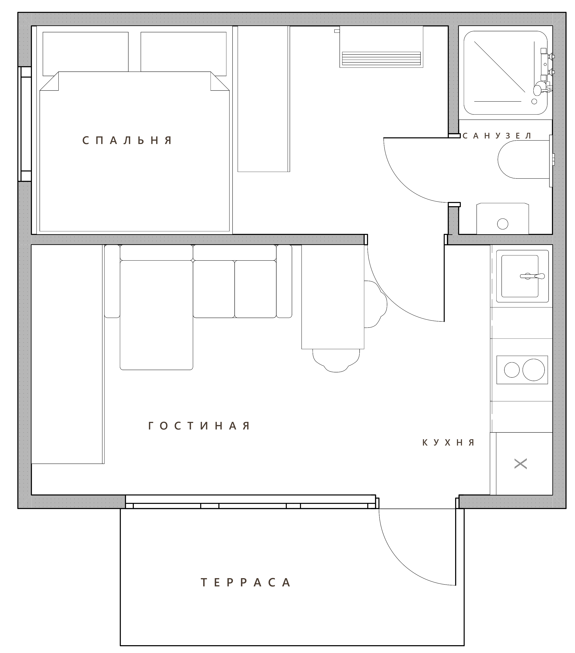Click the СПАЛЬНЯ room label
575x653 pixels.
(127, 140)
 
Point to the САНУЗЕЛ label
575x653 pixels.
(497, 136)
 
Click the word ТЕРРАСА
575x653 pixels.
(245, 582)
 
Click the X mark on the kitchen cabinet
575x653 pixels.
(520, 464)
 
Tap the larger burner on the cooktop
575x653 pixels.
(534, 370)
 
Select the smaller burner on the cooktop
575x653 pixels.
(512, 370)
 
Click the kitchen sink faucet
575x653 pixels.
(532, 276)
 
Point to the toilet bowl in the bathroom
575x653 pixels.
(524, 160)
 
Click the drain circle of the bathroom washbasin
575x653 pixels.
(502, 224)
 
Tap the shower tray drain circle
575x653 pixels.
(534, 101)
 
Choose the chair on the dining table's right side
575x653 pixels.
(376, 304)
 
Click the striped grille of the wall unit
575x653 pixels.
(381, 58)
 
